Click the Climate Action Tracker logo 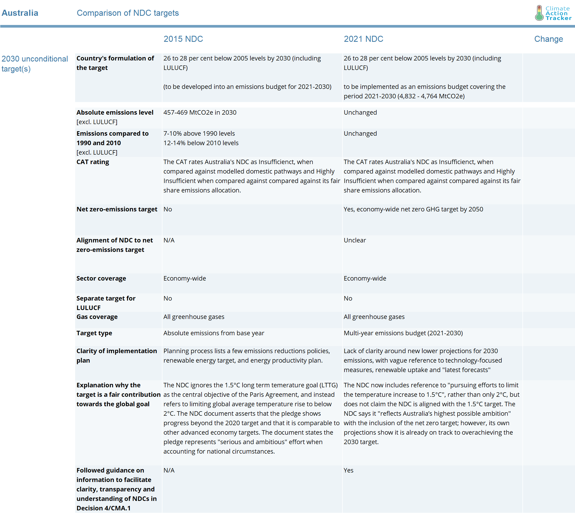553,13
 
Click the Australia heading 20,13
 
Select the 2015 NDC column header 183,39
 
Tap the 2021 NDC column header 363,39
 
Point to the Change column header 548,39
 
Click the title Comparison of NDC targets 128,13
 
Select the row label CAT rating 93,162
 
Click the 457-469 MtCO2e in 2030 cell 200,113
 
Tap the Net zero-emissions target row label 117,209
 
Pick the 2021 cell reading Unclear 355,240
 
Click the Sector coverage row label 101,278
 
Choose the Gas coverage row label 97,317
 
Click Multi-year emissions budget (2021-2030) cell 403,333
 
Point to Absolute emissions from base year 214,333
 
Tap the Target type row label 94,333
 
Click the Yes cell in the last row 348,470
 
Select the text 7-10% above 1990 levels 199,134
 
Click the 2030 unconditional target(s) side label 34,64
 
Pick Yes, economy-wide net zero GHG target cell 413,209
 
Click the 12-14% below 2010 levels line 201,143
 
